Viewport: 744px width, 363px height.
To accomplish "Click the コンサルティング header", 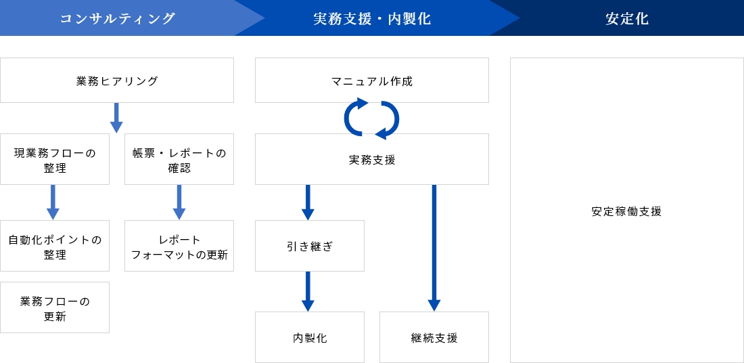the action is tap(118, 18).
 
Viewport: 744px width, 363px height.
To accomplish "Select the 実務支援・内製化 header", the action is tap(372, 18).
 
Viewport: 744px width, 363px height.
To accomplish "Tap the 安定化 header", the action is tap(627, 18).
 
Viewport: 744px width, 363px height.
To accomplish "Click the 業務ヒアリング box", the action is tap(117, 81).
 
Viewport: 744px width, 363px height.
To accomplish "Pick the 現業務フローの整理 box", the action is tap(55, 159).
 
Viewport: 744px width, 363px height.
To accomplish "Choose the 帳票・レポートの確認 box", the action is tap(179, 159).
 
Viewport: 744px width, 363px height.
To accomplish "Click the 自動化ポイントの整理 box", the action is tap(55, 246).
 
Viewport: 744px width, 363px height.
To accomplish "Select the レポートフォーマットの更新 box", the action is tap(179, 246).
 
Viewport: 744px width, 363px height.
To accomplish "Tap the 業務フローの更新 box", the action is tap(55, 307).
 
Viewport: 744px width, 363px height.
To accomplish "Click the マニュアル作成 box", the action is tap(372, 81).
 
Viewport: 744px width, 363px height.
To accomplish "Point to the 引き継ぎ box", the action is tap(310, 246).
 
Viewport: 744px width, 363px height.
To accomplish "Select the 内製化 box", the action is tap(310, 337).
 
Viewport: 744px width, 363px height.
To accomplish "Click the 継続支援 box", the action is tap(434, 337).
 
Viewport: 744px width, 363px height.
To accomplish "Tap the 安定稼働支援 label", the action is tap(626, 211).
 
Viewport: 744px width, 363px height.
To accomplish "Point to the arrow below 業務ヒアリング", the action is tap(117, 118).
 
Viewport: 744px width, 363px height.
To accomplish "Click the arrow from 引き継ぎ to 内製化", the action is tap(308, 291).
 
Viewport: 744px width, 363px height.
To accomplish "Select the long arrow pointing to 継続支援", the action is tap(434, 248).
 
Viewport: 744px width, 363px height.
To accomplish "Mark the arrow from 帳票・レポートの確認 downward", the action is tap(179, 202).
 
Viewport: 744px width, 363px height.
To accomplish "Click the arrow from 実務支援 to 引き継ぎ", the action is tap(308, 202).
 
